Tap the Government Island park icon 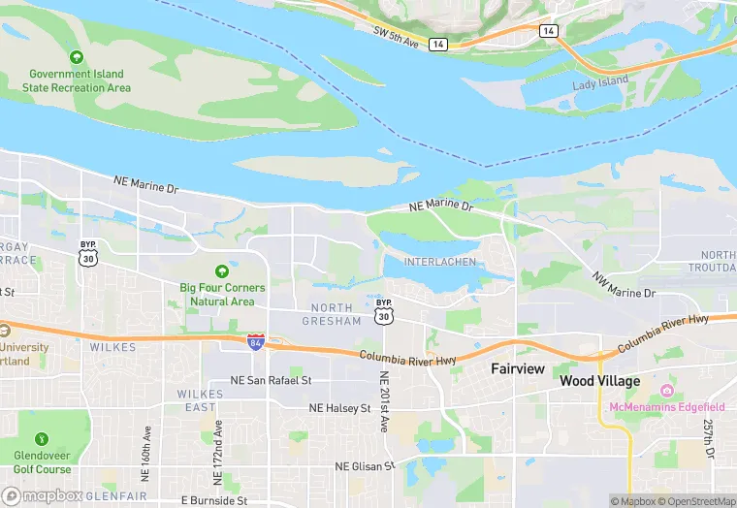pos(77,57)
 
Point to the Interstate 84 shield pos(256,342)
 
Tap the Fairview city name pos(518,368)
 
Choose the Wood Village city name pos(599,381)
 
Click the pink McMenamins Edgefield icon pos(666,391)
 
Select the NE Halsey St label pos(339,409)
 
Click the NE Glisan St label pos(366,466)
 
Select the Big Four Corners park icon pos(222,270)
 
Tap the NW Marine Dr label pos(625,284)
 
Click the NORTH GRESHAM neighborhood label pos(333,314)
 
